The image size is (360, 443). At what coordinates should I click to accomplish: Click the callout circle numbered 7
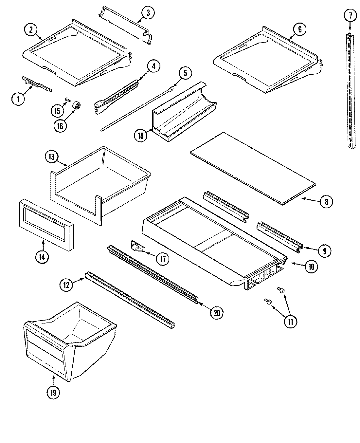[x=350, y=15]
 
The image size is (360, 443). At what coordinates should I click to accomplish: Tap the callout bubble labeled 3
[x=148, y=13]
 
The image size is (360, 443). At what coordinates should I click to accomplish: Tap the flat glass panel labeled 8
[x=254, y=169]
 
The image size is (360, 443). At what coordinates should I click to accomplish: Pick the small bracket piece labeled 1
[x=36, y=83]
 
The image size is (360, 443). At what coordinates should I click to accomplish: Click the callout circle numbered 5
[x=185, y=73]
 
